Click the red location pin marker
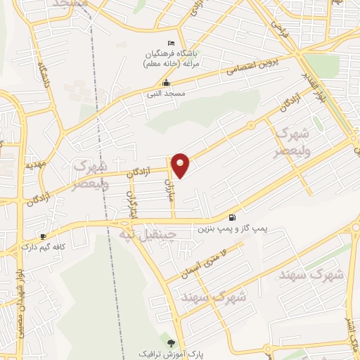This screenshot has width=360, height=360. pos(181,165)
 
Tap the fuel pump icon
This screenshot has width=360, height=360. pos(232,217)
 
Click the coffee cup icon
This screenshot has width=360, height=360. pos(44,236)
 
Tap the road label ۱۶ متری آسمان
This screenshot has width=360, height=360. pos(205,259)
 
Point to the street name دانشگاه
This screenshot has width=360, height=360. pos(43,77)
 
